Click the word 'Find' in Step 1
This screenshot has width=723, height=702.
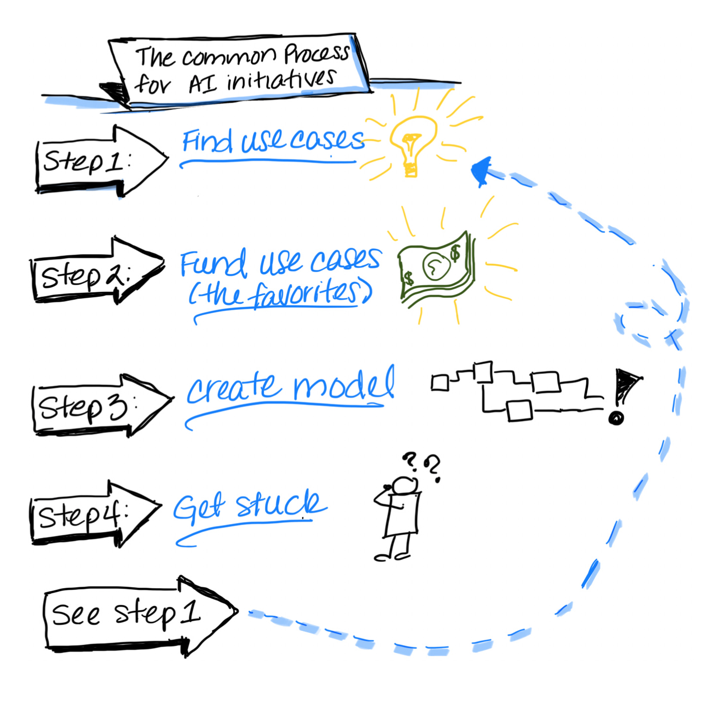point(207,141)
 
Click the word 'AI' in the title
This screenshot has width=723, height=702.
point(202,84)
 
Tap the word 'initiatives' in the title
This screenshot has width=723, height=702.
point(281,80)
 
